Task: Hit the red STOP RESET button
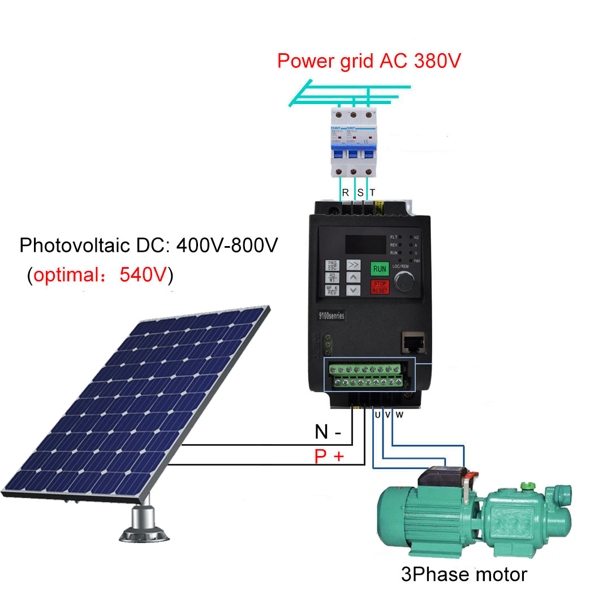coord(380,287)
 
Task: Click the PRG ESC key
coord(332,265)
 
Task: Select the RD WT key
coord(332,278)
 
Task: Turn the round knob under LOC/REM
coord(403,281)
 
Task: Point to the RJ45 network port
coord(410,341)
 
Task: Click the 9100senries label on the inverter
coord(331,316)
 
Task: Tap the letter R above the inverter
coord(345,193)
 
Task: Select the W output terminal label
coord(399,415)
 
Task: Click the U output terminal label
coord(377,415)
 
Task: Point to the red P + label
coord(329,456)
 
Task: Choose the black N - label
coord(328,432)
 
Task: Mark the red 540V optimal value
coord(144,276)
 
